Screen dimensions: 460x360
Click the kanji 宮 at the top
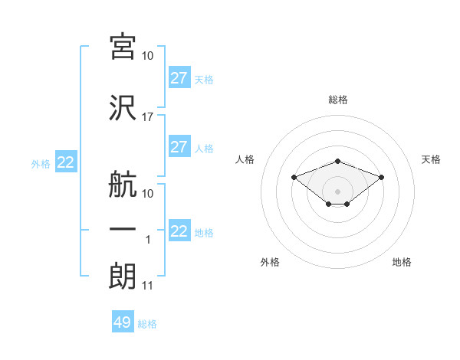pos(123,47)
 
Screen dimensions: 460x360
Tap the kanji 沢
pos(123,108)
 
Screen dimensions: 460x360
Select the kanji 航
pos(123,184)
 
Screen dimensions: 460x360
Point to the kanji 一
pos(123,229)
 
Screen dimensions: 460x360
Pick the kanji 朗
pos(123,276)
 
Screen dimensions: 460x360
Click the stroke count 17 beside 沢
pos(147,117)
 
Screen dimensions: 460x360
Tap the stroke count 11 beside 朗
pos(147,286)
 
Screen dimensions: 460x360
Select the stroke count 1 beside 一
pos(148,240)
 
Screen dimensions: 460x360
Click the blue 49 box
pos(123,321)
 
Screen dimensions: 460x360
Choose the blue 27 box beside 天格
pos(179,77)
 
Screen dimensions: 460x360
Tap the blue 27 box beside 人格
pos(179,146)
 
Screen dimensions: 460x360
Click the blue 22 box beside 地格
pos(179,230)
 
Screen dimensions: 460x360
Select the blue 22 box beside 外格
pos(66,162)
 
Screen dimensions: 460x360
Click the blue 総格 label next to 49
pos(147,324)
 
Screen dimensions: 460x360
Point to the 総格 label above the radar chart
pos(338,100)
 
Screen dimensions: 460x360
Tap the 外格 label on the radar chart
pos(270,262)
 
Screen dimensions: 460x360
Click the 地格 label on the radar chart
pos(402,262)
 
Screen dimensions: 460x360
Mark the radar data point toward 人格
pos(294,177)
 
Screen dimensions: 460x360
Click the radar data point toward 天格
pos(381,177)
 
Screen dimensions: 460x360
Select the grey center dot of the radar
pos(337,191)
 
